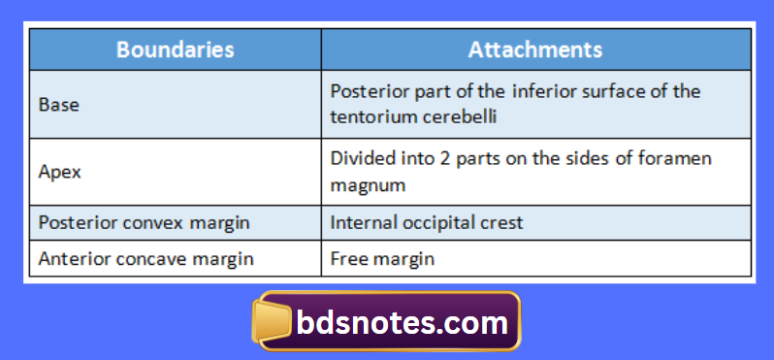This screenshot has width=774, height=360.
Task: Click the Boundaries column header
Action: pos(175,49)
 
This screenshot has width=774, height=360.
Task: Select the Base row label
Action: pos(58,104)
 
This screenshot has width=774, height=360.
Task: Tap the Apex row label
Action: pos(59,171)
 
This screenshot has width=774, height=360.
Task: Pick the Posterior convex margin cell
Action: pos(144,222)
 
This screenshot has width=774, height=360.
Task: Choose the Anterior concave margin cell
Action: pos(145,259)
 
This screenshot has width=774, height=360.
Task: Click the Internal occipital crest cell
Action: pos(426,222)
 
